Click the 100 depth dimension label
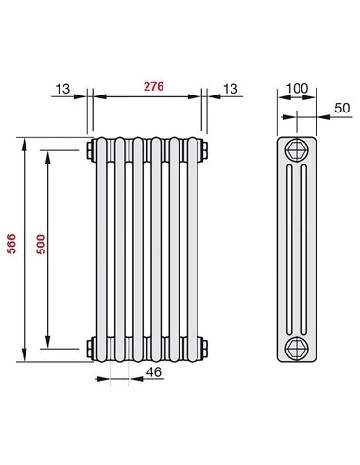298,89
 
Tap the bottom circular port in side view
297,347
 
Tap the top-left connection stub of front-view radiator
87,150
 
